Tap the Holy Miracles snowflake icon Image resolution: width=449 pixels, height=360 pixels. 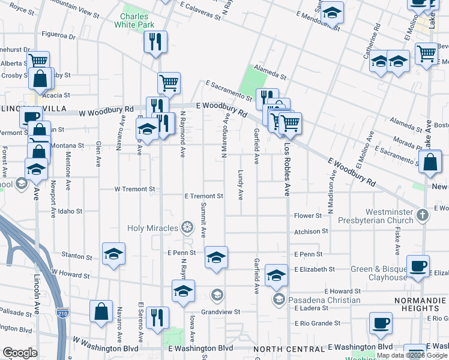[187, 227]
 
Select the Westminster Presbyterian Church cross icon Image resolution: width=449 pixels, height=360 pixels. [423, 214]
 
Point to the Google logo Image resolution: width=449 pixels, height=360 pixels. [20, 353]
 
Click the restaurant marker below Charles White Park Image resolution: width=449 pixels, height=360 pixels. [155, 41]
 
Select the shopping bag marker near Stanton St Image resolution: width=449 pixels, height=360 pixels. [101, 311]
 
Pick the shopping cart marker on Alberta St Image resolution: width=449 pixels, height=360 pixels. [38, 61]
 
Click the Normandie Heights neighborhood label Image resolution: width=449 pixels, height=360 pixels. [420, 299]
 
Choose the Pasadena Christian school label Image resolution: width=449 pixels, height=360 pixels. [324, 299]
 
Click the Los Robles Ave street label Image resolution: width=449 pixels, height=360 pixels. [287, 170]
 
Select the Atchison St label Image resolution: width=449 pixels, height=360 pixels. [311, 231]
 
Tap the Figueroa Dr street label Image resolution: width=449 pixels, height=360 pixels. [59, 36]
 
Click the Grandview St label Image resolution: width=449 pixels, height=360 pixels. [220, 312]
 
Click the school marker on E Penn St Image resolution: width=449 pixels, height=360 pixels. [216, 257]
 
